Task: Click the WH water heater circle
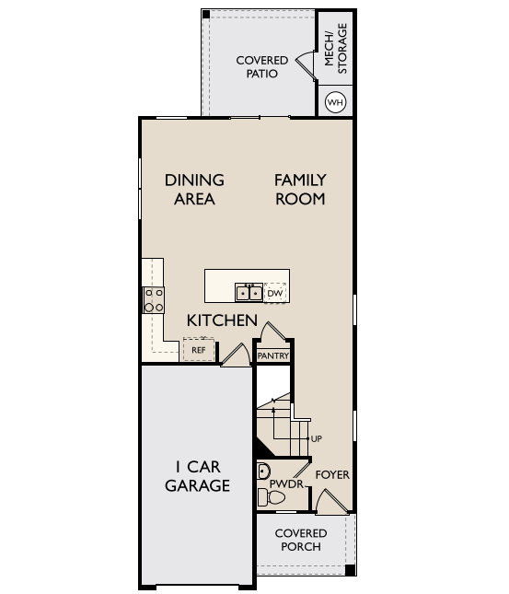click(336, 102)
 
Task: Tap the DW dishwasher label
click(275, 293)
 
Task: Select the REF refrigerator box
click(199, 350)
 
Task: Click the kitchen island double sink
click(249, 293)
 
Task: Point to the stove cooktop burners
click(154, 300)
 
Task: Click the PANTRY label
click(273, 356)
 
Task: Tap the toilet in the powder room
click(271, 497)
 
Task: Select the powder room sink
click(263, 472)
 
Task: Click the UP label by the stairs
click(317, 438)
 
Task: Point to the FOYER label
click(332, 474)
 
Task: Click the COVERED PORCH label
click(301, 540)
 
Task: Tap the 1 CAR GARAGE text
click(197, 476)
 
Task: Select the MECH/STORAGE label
click(336, 48)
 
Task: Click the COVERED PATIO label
click(262, 66)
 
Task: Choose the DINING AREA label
click(194, 190)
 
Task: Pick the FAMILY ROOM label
click(300, 190)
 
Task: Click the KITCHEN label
click(222, 320)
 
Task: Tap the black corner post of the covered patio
click(206, 15)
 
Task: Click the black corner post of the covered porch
click(351, 570)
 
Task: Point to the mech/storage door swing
click(306, 66)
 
